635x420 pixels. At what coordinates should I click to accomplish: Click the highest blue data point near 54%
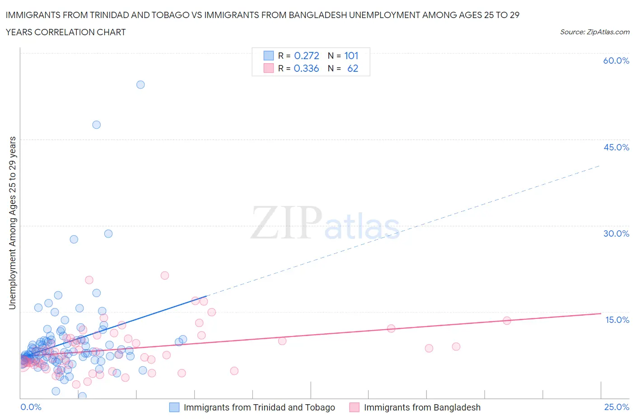pyautogui.click(x=140, y=84)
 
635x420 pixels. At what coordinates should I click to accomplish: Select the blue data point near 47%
pyautogui.click(x=96, y=125)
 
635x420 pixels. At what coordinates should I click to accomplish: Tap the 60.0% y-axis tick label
pyautogui.click(x=616, y=61)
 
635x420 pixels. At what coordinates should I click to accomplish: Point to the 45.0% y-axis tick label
pyautogui.click(x=616, y=147)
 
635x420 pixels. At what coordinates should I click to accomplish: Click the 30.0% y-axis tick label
pyautogui.click(x=616, y=233)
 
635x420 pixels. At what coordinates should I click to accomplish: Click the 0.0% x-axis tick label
pyautogui.click(x=31, y=407)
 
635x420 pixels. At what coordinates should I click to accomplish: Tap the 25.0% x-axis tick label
pyautogui.click(x=616, y=407)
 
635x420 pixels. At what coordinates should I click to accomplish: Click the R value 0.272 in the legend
pyautogui.click(x=306, y=56)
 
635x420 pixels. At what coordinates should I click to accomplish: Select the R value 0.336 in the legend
pyautogui.click(x=306, y=68)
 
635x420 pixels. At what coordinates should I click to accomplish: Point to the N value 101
pyautogui.click(x=351, y=56)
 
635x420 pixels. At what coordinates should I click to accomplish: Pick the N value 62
pyautogui.click(x=352, y=68)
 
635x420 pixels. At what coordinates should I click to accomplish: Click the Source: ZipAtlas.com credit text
pyautogui.click(x=594, y=32)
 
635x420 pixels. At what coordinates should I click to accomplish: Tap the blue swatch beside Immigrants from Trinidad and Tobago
pyautogui.click(x=174, y=407)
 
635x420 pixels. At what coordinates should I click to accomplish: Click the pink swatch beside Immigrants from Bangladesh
pyautogui.click(x=355, y=407)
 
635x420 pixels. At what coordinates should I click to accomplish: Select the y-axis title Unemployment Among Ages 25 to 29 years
pyautogui.click(x=12, y=223)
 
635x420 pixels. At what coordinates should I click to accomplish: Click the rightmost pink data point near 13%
pyautogui.click(x=507, y=321)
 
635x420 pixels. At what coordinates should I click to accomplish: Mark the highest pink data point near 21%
pyautogui.click(x=165, y=275)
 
